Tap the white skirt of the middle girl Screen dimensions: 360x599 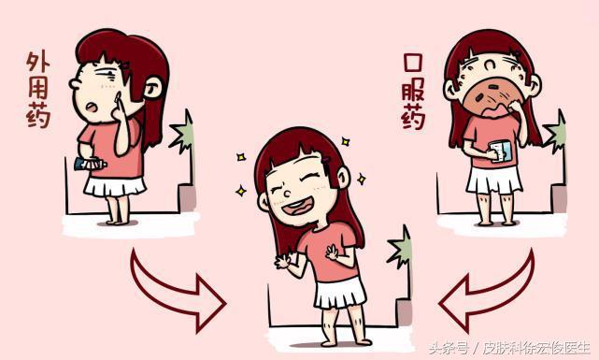click(x=338, y=293)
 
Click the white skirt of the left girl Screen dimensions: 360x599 click(x=114, y=184)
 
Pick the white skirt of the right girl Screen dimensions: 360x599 click(x=492, y=179)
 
